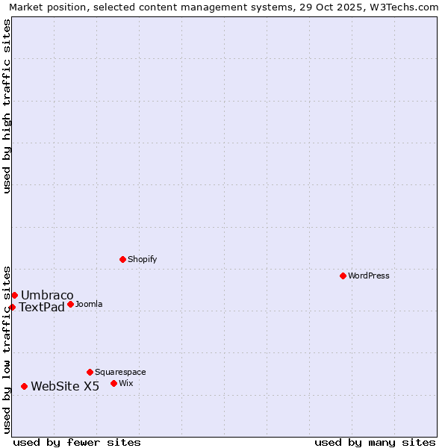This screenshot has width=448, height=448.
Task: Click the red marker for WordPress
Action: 343,276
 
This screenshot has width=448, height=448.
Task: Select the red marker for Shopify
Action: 123,259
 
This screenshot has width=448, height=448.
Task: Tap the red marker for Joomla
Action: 71,304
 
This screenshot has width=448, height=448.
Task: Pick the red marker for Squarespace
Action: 90,372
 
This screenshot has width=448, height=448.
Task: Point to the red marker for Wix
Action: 114,383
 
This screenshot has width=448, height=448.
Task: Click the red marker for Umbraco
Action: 14,295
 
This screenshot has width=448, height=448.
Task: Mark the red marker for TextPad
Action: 12,307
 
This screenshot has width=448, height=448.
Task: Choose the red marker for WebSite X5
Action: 25,386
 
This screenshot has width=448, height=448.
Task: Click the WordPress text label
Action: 369,276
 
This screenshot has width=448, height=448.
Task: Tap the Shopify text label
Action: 143,259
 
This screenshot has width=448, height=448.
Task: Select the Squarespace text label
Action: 120,372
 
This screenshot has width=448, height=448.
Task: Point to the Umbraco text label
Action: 47,295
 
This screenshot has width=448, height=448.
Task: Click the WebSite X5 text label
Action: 65,386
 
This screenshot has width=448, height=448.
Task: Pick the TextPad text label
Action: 42,307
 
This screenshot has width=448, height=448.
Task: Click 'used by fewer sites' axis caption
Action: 77,442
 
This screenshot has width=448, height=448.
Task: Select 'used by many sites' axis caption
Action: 375,442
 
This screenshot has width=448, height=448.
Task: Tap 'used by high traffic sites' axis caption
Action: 7,106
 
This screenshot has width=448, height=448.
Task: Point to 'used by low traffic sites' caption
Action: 7,349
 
